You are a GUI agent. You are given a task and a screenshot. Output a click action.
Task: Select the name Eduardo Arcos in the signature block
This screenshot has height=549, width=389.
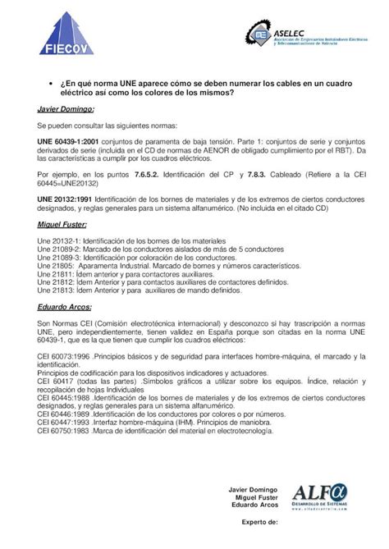click(x=256, y=504)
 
